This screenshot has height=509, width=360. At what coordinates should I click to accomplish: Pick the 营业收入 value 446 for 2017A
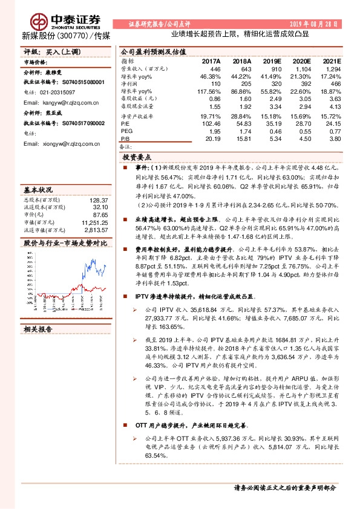click(x=214, y=70)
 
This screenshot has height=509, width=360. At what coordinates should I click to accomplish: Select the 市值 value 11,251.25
click(x=94, y=222)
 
